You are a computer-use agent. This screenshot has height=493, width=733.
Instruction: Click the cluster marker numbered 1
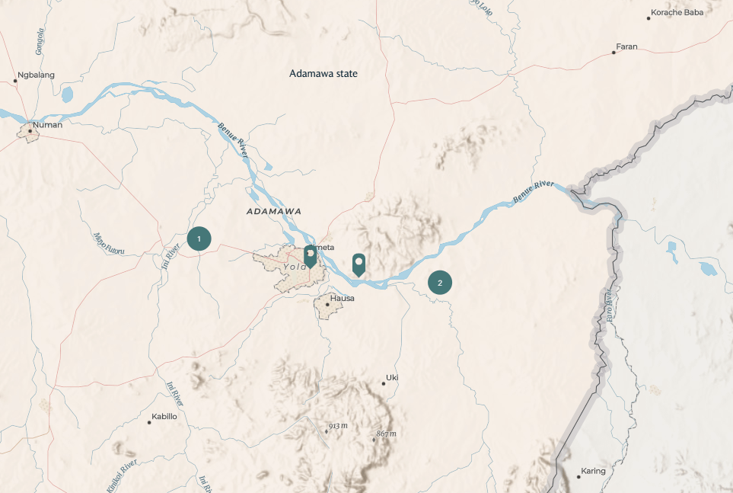pos(199,238)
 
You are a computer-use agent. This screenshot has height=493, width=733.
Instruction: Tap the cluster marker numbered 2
pos(439,283)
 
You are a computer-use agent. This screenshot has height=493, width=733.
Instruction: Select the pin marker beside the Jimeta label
pos(310,256)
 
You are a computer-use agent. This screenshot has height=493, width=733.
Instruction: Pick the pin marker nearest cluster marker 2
pos(359,264)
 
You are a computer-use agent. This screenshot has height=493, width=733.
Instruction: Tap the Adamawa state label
pos(323,74)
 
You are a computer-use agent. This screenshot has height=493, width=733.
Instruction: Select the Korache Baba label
pos(677,13)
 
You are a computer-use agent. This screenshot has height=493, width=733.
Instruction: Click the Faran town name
pos(626,47)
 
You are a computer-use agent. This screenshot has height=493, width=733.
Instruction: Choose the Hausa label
pos(342,298)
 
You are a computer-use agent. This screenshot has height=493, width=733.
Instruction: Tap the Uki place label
pos(392,377)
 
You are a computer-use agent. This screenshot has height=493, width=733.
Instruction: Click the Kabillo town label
pos(164,417)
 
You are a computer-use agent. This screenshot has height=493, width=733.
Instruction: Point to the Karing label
pos(593,471)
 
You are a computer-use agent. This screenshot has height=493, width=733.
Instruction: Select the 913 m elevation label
pos(338,426)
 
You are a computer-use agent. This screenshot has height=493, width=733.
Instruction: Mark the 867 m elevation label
pos(387,434)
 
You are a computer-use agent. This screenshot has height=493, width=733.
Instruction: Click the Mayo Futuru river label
pos(108,244)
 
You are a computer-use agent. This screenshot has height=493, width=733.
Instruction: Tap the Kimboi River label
pos(123,473)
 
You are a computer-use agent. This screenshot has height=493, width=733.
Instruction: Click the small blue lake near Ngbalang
pos(67,94)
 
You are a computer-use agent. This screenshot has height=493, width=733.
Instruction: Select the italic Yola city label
pos(294,267)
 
